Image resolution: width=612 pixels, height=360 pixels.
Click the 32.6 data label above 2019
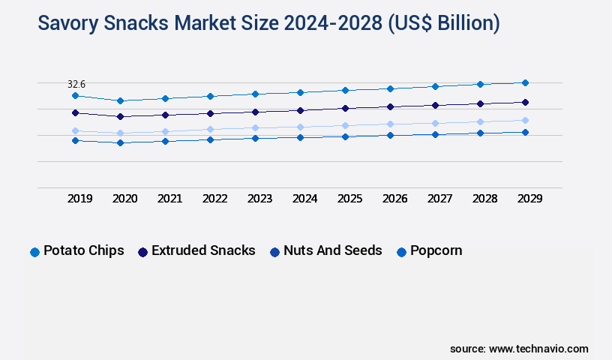(x=76, y=85)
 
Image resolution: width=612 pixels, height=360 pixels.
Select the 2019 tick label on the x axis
(x=79, y=199)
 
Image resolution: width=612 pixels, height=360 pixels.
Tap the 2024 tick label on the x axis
(x=304, y=199)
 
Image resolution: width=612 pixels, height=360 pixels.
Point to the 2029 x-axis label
(x=529, y=199)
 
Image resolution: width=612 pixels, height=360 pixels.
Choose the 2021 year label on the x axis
(x=169, y=199)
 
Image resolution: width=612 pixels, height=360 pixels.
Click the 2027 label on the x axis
(x=439, y=199)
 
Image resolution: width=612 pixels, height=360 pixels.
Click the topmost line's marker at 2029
(x=525, y=82)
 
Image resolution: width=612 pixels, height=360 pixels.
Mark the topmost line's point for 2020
(x=120, y=100)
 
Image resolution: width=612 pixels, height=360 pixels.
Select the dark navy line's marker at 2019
(x=75, y=112)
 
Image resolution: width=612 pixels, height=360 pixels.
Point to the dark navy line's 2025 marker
(x=345, y=108)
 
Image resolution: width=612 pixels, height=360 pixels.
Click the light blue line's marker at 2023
(x=255, y=127)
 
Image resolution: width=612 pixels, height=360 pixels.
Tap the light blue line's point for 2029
(x=525, y=120)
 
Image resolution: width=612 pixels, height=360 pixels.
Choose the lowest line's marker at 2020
(x=120, y=142)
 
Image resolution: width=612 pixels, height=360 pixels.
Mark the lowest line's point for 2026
(x=390, y=135)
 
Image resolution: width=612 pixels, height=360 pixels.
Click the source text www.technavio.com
(x=538, y=349)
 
